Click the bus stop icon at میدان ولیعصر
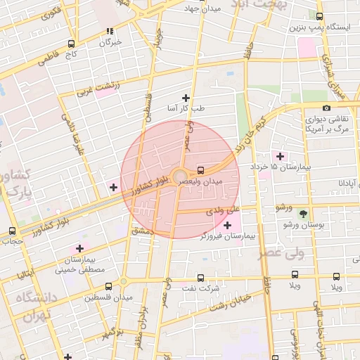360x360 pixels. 202,170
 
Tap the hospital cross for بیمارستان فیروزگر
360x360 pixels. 227,225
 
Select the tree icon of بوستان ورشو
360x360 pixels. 304,213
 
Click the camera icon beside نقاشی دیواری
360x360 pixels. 326,108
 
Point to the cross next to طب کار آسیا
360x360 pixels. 186,98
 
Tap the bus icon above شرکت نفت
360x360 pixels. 201,278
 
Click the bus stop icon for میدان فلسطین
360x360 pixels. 108,287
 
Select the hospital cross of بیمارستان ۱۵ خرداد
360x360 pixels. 281,156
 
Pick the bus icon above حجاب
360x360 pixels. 12,231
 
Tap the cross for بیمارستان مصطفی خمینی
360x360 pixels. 79,248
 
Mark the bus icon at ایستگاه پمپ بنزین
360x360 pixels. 320,16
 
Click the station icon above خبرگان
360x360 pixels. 109,31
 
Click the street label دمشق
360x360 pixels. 141,230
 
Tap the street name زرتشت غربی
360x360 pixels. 98,88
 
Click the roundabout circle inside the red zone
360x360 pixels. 180,176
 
